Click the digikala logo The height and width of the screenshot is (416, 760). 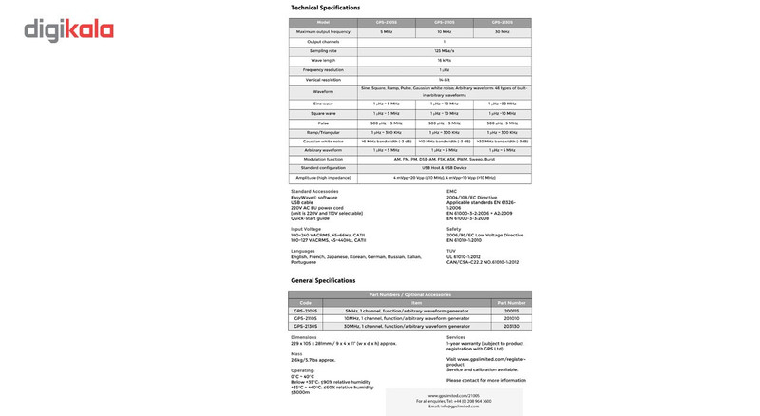click(69, 31)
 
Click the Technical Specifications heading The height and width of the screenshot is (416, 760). click(325, 8)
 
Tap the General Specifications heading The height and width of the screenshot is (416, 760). click(323, 281)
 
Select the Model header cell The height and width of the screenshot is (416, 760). click(323, 22)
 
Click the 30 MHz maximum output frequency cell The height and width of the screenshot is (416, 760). click(503, 32)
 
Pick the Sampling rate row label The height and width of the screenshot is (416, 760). click(323, 51)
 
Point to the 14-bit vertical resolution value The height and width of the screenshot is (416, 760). click(444, 80)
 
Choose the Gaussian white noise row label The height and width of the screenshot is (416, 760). click(323, 141)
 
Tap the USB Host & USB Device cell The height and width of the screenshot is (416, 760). click(444, 168)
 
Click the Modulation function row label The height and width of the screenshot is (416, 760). click(323, 159)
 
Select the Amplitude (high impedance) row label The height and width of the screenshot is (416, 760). click(323, 178)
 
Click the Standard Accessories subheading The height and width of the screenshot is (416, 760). click(314, 191)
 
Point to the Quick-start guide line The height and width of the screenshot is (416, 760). click(310, 218)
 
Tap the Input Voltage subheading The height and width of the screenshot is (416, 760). click(306, 229)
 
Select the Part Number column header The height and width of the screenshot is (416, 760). click(511, 303)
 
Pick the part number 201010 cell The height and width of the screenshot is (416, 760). click(511, 318)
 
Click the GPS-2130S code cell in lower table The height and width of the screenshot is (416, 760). click(306, 326)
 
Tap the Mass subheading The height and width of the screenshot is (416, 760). click(296, 353)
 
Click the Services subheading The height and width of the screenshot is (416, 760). click(456, 336)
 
